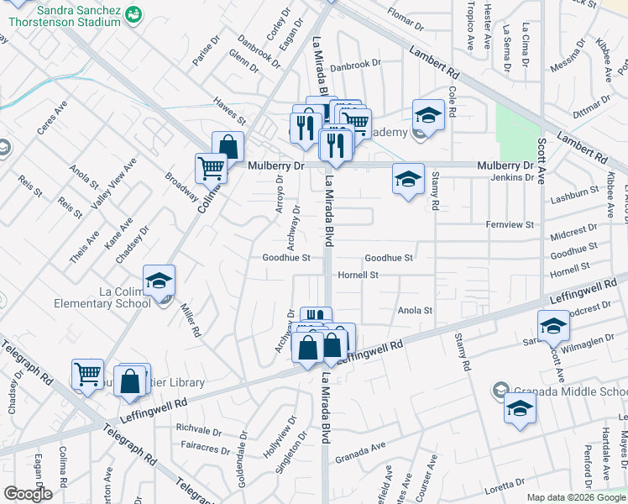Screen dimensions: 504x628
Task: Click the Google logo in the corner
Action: click(x=28, y=494)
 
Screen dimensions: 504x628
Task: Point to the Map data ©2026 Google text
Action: click(x=576, y=497)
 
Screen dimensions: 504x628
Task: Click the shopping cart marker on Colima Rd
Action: click(x=211, y=167)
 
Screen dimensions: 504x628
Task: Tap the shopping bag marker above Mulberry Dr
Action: click(x=228, y=146)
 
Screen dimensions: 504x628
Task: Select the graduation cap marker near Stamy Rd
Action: click(x=408, y=178)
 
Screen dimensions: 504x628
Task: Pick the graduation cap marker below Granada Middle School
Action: click(x=521, y=408)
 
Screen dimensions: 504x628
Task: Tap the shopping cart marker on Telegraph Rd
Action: click(x=87, y=374)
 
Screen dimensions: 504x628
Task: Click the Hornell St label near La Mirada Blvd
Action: click(x=358, y=275)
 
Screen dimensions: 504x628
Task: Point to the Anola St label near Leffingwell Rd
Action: click(x=415, y=310)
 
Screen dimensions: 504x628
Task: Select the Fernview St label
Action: click(x=510, y=225)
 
